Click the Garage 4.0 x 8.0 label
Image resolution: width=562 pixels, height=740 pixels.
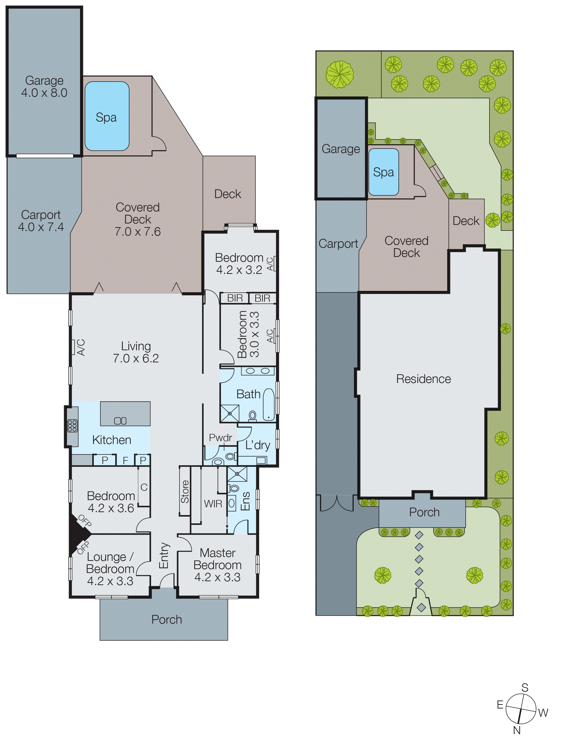[44, 87]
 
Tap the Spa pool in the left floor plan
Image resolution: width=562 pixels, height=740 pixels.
[107, 116]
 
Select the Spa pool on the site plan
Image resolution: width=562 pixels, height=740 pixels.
[383, 172]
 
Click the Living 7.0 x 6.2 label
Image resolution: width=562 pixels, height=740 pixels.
[136, 352]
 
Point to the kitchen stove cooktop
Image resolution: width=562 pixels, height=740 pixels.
[72, 426]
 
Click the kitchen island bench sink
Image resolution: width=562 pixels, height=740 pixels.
[120, 421]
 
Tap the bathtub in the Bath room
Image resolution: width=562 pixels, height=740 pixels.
[269, 404]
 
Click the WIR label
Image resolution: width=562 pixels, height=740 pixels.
[213, 503]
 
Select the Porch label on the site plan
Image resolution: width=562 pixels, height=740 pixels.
[424, 512]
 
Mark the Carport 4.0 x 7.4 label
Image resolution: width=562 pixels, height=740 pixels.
[41, 221]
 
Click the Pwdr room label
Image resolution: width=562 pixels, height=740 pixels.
[220, 438]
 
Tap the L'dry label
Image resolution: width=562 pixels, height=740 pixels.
[257, 445]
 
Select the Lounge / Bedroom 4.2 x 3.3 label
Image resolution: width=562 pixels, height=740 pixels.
[110, 569]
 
